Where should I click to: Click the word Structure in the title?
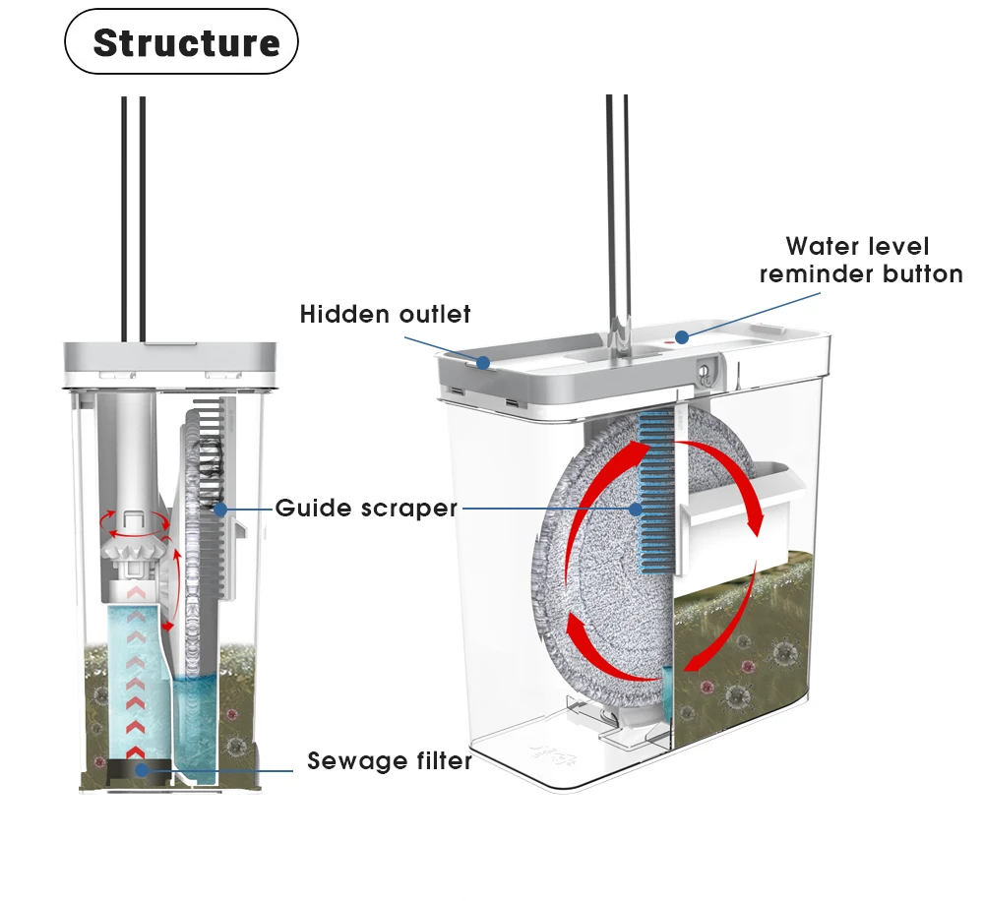(x=186, y=43)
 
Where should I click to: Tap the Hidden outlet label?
(x=385, y=315)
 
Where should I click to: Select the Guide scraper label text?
(x=366, y=509)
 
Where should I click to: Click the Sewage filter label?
(x=390, y=761)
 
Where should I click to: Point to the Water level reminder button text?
(x=860, y=260)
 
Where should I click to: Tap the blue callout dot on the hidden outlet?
(x=483, y=362)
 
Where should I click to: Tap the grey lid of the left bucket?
(x=168, y=355)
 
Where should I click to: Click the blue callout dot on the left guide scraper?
(x=219, y=509)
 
